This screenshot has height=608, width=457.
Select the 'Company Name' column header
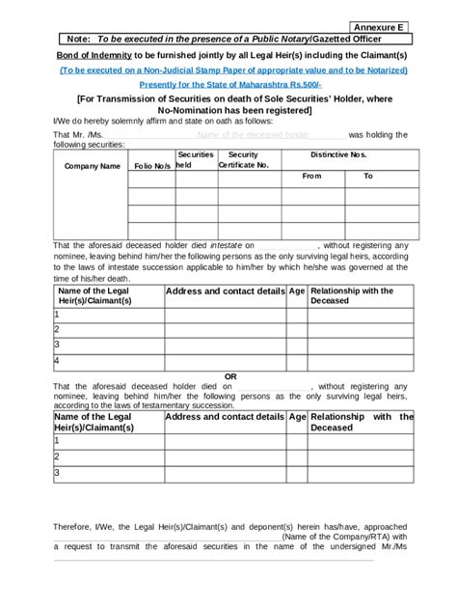92,166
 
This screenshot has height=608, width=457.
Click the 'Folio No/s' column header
151,166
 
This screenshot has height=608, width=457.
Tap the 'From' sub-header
311,177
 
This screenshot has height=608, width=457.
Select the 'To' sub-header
367,177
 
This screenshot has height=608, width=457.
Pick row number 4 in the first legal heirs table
57,361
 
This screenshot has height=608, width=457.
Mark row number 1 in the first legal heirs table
57,315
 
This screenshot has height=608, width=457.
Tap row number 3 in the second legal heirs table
57,473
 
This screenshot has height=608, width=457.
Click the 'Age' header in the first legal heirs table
297,290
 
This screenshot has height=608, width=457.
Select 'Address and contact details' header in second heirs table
225,417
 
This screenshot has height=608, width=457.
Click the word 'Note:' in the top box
74,40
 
